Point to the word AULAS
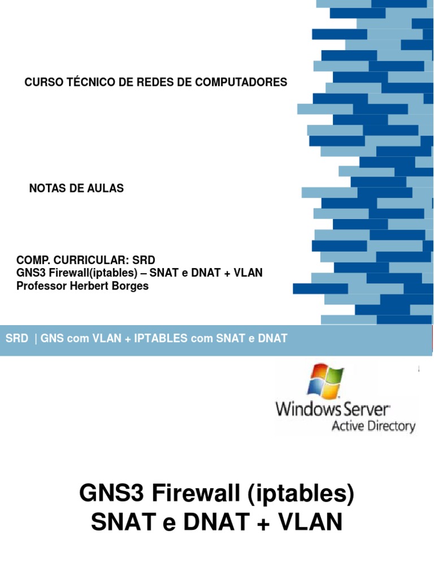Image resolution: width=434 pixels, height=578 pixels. click(105, 189)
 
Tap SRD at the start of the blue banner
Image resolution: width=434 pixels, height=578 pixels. click(16, 339)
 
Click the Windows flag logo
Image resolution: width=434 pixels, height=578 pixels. click(325, 380)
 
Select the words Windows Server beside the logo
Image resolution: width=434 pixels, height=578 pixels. click(332, 409)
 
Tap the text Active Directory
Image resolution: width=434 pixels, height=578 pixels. click(373, 426)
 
